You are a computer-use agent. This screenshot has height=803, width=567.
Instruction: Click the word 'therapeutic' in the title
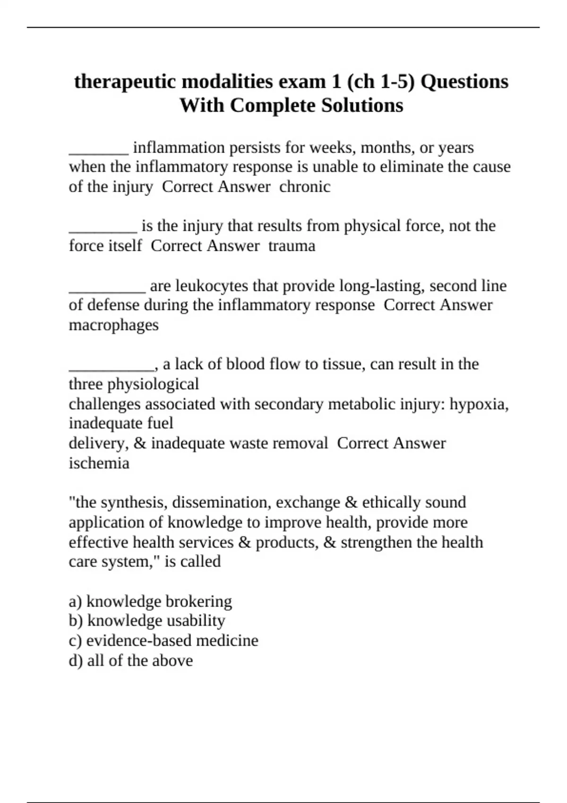(125, 82)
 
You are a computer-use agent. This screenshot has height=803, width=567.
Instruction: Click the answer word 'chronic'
(305, 187)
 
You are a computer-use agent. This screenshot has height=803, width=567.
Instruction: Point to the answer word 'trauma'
(292, 246)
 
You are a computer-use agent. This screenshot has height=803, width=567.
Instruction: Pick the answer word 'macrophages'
(113, 325)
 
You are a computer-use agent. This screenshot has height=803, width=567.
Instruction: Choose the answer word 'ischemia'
(99, 463)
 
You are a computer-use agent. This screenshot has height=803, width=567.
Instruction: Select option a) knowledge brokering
(150, 601)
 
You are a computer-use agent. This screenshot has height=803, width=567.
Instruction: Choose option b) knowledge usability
(147, 621)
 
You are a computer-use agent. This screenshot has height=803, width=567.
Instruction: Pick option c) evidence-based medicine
(163, 641)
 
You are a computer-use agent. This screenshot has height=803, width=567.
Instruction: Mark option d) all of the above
(131, 660)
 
